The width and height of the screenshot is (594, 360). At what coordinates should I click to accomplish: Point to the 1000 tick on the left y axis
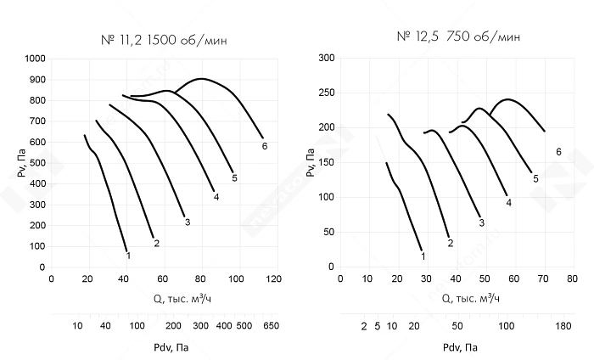pyautogui.click(x=35, y=59)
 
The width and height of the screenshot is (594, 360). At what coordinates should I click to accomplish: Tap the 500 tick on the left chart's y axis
pyautogui.click(x=37, y=163)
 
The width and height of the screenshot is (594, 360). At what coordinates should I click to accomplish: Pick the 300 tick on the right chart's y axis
pyautogui.click(x=325, y=59)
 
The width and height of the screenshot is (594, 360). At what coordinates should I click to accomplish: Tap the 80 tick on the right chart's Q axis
pyautogui.click(x=573, y=278)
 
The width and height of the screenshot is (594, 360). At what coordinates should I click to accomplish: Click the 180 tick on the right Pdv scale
pyautogui.click(x=563, y=326)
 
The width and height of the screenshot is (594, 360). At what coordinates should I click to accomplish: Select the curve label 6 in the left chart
pyautogui.click(x=265, y=146)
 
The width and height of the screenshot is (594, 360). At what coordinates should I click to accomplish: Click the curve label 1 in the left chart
pyautogui.click(x=128, y=255)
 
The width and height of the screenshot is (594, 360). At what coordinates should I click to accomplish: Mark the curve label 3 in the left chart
pyautogui.click(x=187, y=222)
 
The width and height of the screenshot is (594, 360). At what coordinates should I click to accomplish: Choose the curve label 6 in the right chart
pyautogui.click(x=558, y=152)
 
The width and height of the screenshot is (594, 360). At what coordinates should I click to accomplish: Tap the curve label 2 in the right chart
pyautogui.click(x=450, y=244)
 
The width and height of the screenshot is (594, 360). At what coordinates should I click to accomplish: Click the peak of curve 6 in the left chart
pyautogui.click(x=201, y=79)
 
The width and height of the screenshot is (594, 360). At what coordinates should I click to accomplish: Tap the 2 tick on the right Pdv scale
pyautogui.click(x=363, y=326)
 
